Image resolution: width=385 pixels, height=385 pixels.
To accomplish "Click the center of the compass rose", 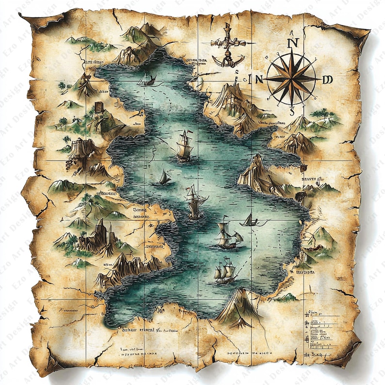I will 292,79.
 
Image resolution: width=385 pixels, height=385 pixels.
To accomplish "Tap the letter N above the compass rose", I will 292,42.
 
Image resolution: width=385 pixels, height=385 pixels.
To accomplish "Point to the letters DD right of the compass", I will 328,80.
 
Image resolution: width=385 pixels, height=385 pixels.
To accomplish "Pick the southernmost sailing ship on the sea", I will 225,272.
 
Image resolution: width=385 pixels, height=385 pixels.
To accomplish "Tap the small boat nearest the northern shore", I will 145,80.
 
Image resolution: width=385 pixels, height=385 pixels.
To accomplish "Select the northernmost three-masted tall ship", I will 184,146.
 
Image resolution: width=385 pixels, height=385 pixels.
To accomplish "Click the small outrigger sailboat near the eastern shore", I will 251,221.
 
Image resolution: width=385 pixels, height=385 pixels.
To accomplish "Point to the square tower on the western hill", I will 99,107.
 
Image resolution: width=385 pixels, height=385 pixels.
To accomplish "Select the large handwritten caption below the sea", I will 138,329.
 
